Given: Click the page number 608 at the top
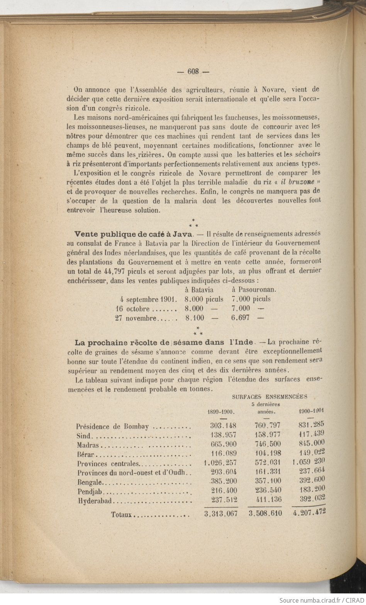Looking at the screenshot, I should pyautogui.click(x=193, y=71).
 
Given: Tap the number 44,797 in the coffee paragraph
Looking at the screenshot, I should pyautogui.click(x=117, y=271).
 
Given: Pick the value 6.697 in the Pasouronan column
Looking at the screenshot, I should pyautogui.click(x=241, y=318).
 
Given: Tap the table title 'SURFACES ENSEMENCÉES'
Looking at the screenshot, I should pyautogui.click(x=269, y=396).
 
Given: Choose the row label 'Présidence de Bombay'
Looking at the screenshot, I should pyautogui.click(x=112, y=427).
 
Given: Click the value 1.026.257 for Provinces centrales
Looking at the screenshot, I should pyautogui.click(x=220, y=463).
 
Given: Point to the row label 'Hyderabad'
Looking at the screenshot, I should pyautogui.click(x=95, y=501).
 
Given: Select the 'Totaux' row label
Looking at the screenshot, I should pyautogui.click(x=122, y=515).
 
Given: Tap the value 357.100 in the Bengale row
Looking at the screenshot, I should pyautogui.click(x=268, y=481).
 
